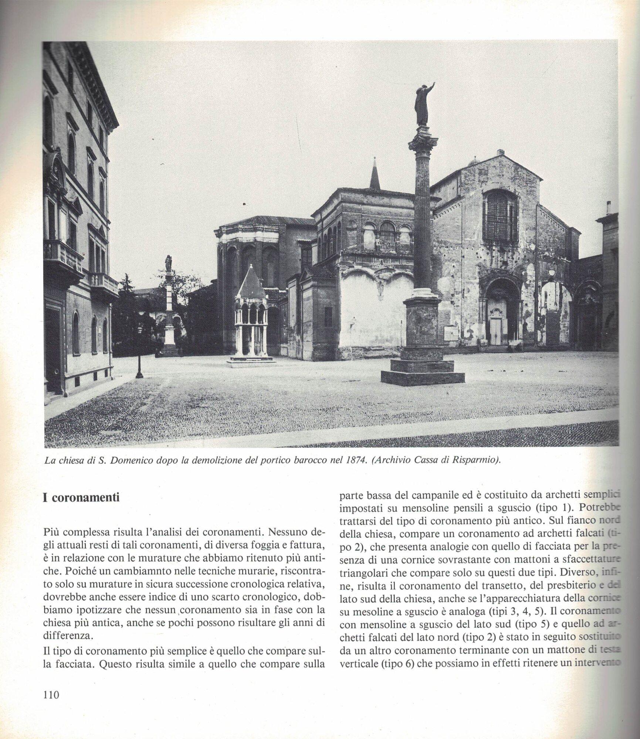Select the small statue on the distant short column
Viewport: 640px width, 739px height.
(x=169, y=263)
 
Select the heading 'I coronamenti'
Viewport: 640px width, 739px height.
(x=81, y=497)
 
